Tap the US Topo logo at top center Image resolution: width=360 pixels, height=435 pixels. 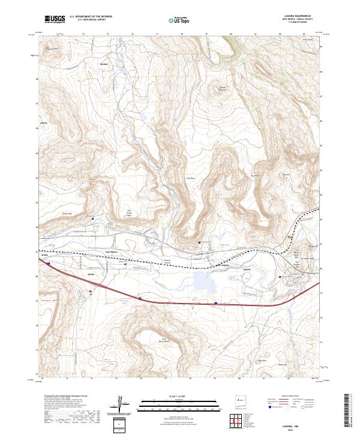click(179, 19)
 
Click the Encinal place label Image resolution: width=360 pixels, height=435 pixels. click(102, 62)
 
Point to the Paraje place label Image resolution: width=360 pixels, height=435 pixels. click(92, 274)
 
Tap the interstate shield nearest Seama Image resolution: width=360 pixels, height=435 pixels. click(49, 263)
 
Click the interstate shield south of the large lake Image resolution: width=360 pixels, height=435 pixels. click(215, 304)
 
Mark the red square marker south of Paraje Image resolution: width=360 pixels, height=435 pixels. click(90, 293)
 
